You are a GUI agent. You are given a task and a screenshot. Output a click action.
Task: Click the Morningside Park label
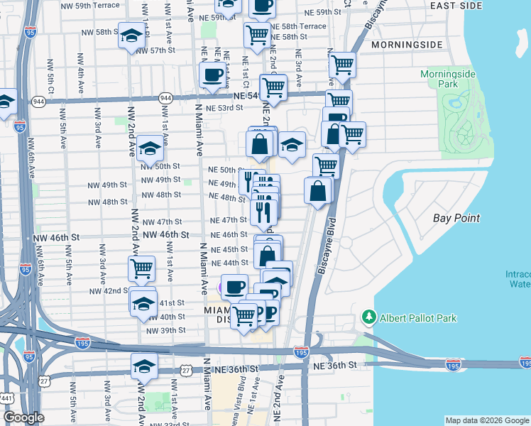pos(447,79)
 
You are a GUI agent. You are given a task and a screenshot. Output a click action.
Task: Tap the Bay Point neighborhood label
pos(456,218)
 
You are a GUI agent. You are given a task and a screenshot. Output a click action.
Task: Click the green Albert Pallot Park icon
pos(368,316)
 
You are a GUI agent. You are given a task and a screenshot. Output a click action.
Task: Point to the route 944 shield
pos(166,97)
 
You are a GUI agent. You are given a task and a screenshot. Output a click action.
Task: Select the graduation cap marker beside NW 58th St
pos(131,36)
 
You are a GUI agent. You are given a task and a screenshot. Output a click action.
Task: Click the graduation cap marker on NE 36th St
pos(144,366)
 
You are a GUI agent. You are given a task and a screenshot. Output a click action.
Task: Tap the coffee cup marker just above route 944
pos(213,75)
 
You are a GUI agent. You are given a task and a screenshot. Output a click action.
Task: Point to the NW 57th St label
pos(154,50)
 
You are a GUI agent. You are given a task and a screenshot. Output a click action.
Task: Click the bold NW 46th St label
pos(166,234)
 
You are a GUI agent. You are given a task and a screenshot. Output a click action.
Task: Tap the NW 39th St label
pos(165,330)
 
